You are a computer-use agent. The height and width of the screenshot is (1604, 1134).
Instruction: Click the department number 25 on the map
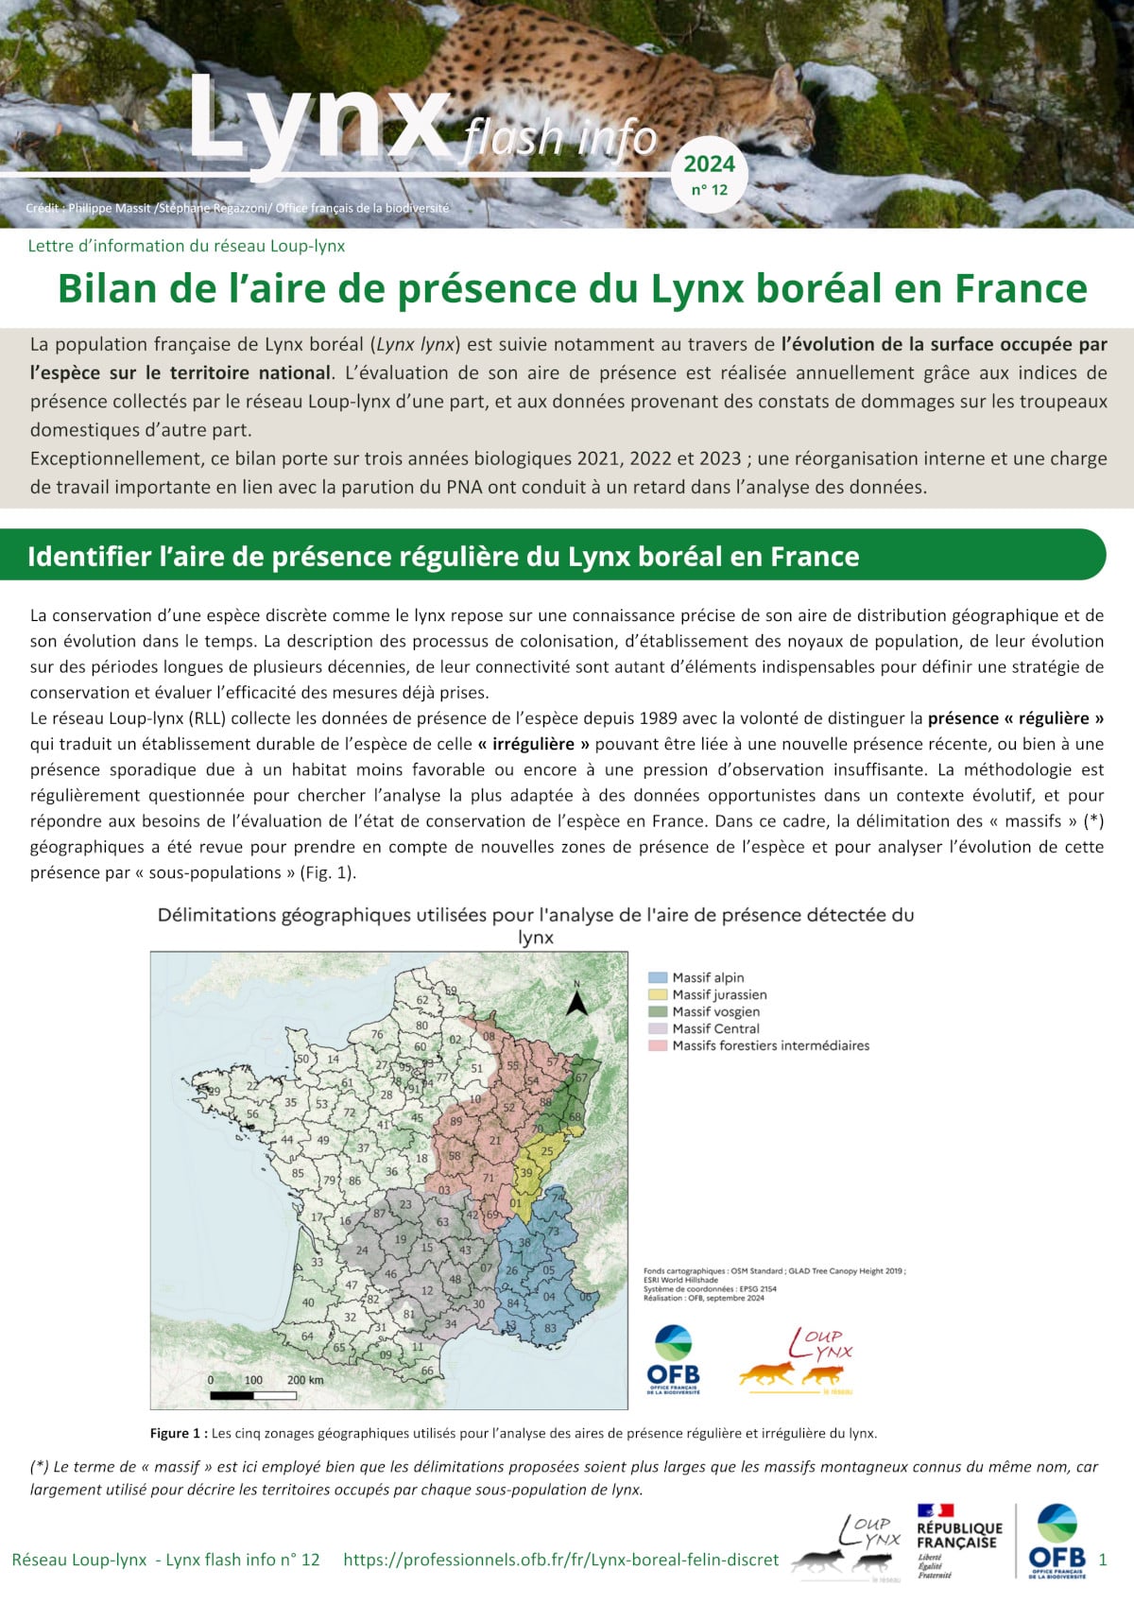(547, 1151)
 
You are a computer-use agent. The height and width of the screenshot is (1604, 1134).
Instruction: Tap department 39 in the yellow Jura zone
(526, 1172)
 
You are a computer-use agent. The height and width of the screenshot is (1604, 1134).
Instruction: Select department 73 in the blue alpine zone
(554, 1232)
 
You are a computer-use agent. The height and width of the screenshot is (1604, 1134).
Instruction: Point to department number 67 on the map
(581, 1078)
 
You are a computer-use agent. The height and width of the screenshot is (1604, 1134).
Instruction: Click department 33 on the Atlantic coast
(318, 1262)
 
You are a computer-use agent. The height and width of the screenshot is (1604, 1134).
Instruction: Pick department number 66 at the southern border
(427, 1371)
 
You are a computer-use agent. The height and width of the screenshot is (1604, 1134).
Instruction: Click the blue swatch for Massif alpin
(658, 977)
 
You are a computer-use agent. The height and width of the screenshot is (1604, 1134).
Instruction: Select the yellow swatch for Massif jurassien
(658, 994)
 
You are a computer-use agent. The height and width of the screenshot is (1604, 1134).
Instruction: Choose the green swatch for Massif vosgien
(658, 1011)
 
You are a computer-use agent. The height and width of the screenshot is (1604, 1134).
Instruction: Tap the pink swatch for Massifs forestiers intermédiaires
(658, 1045)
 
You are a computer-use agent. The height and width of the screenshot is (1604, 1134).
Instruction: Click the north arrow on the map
(576, 1000)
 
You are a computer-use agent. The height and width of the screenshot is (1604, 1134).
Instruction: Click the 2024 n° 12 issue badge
(710, 175)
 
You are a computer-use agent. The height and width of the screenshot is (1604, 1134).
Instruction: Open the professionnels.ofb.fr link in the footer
(561, 1560)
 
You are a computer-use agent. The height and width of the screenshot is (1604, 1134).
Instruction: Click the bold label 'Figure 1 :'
(179, 1433)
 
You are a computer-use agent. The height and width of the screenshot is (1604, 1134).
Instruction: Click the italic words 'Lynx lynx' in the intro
(416, 344)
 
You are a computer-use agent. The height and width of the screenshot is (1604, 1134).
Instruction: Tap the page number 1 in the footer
(1103, 1560)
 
